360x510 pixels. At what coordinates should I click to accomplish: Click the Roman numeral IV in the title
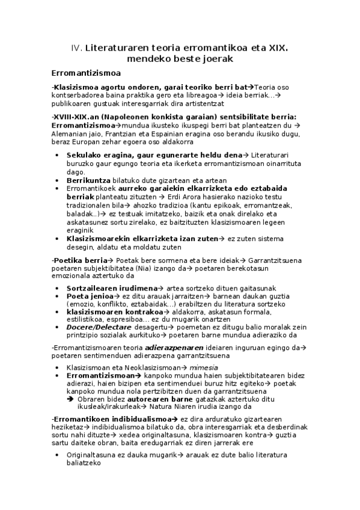coord(76,48)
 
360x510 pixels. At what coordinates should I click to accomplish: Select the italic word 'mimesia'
coord(201,367)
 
